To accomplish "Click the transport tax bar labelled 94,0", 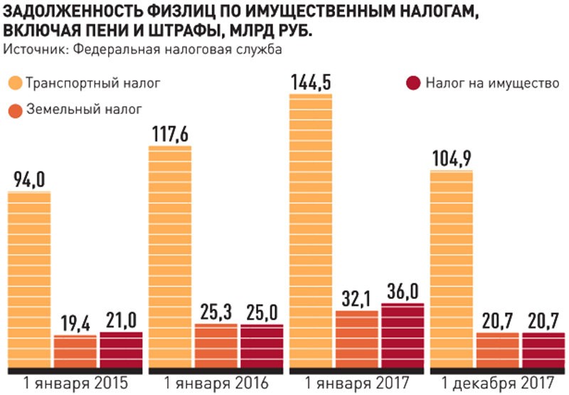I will point(28,281).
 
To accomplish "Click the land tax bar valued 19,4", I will point(75,351).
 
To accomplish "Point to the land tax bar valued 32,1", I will point(357,339).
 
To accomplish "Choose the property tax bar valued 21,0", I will point(121,349).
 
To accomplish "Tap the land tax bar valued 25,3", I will point(216,346).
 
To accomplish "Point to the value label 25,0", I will point(261,311).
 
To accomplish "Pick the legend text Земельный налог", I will point(84,110).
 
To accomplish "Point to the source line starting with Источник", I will point(143,49).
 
